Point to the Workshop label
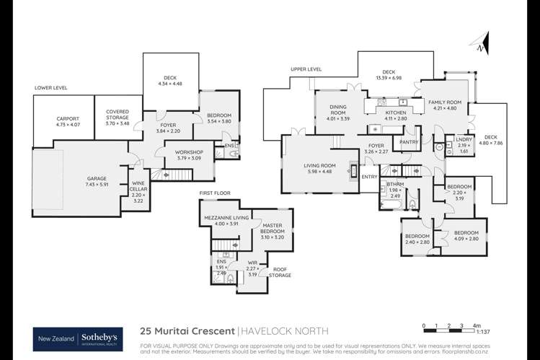point(189,152)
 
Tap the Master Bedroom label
point(272,229)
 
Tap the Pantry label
point(409,142)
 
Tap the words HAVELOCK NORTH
point(285,331)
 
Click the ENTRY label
point(369,177)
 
